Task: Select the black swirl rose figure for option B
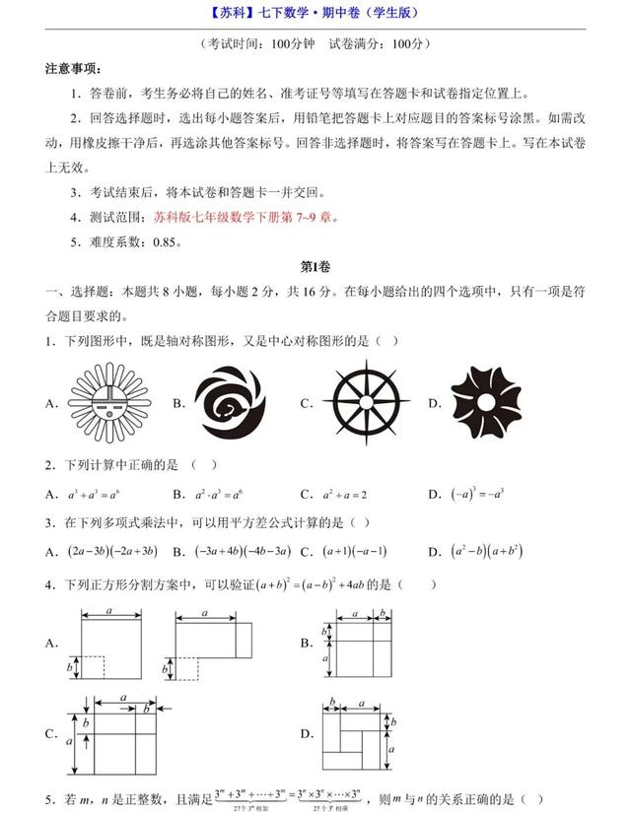pyautogui.click(x=230, y=402)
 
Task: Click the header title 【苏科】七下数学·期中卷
pyautogui.click(x=315, y=13)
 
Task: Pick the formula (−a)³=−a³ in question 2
pyautogui.click(x=478, y=494)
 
